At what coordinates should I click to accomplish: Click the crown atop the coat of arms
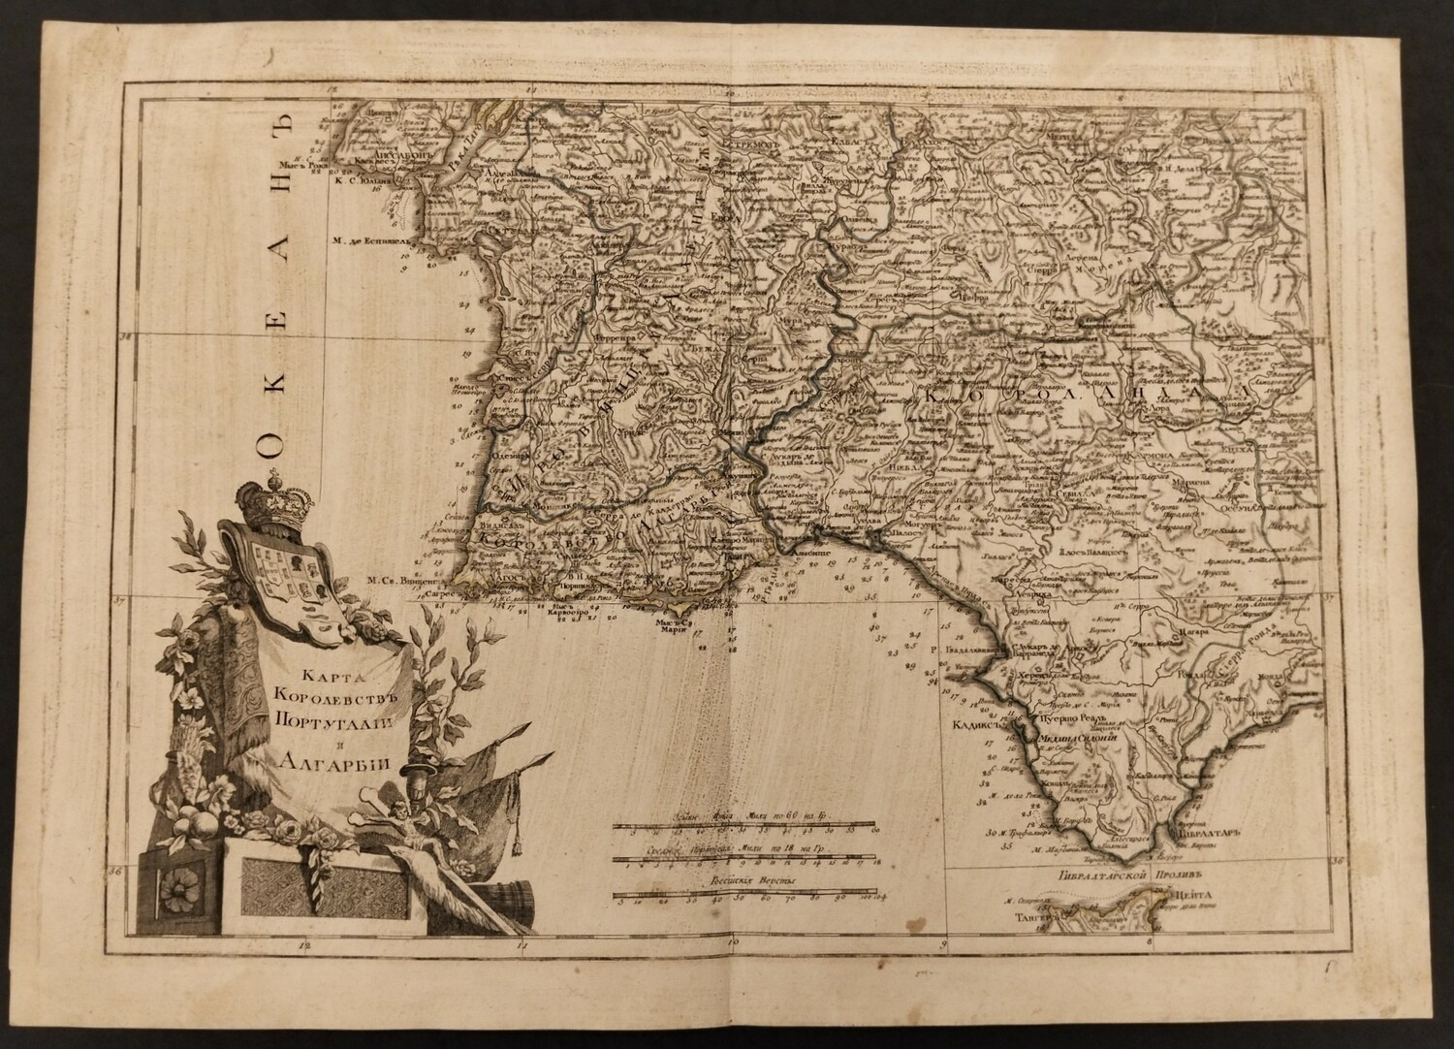(272, 500)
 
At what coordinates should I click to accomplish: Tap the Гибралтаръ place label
(1206, 832)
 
